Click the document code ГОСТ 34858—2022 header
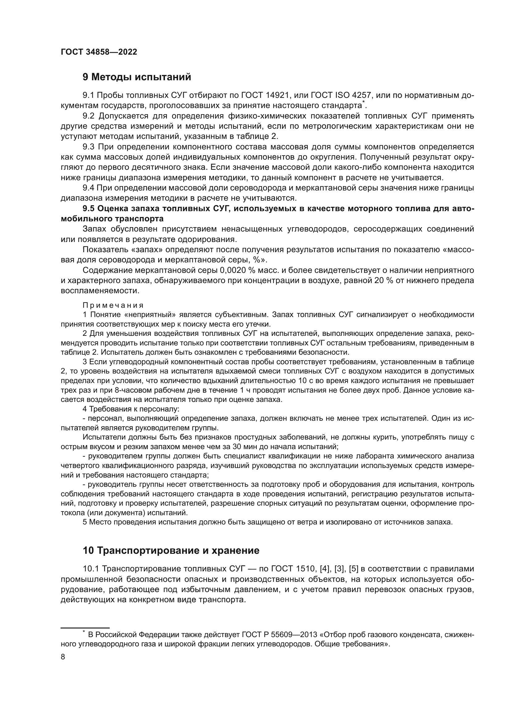(99, 52)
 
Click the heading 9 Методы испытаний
(137, 77)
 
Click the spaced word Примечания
(113, 305)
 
